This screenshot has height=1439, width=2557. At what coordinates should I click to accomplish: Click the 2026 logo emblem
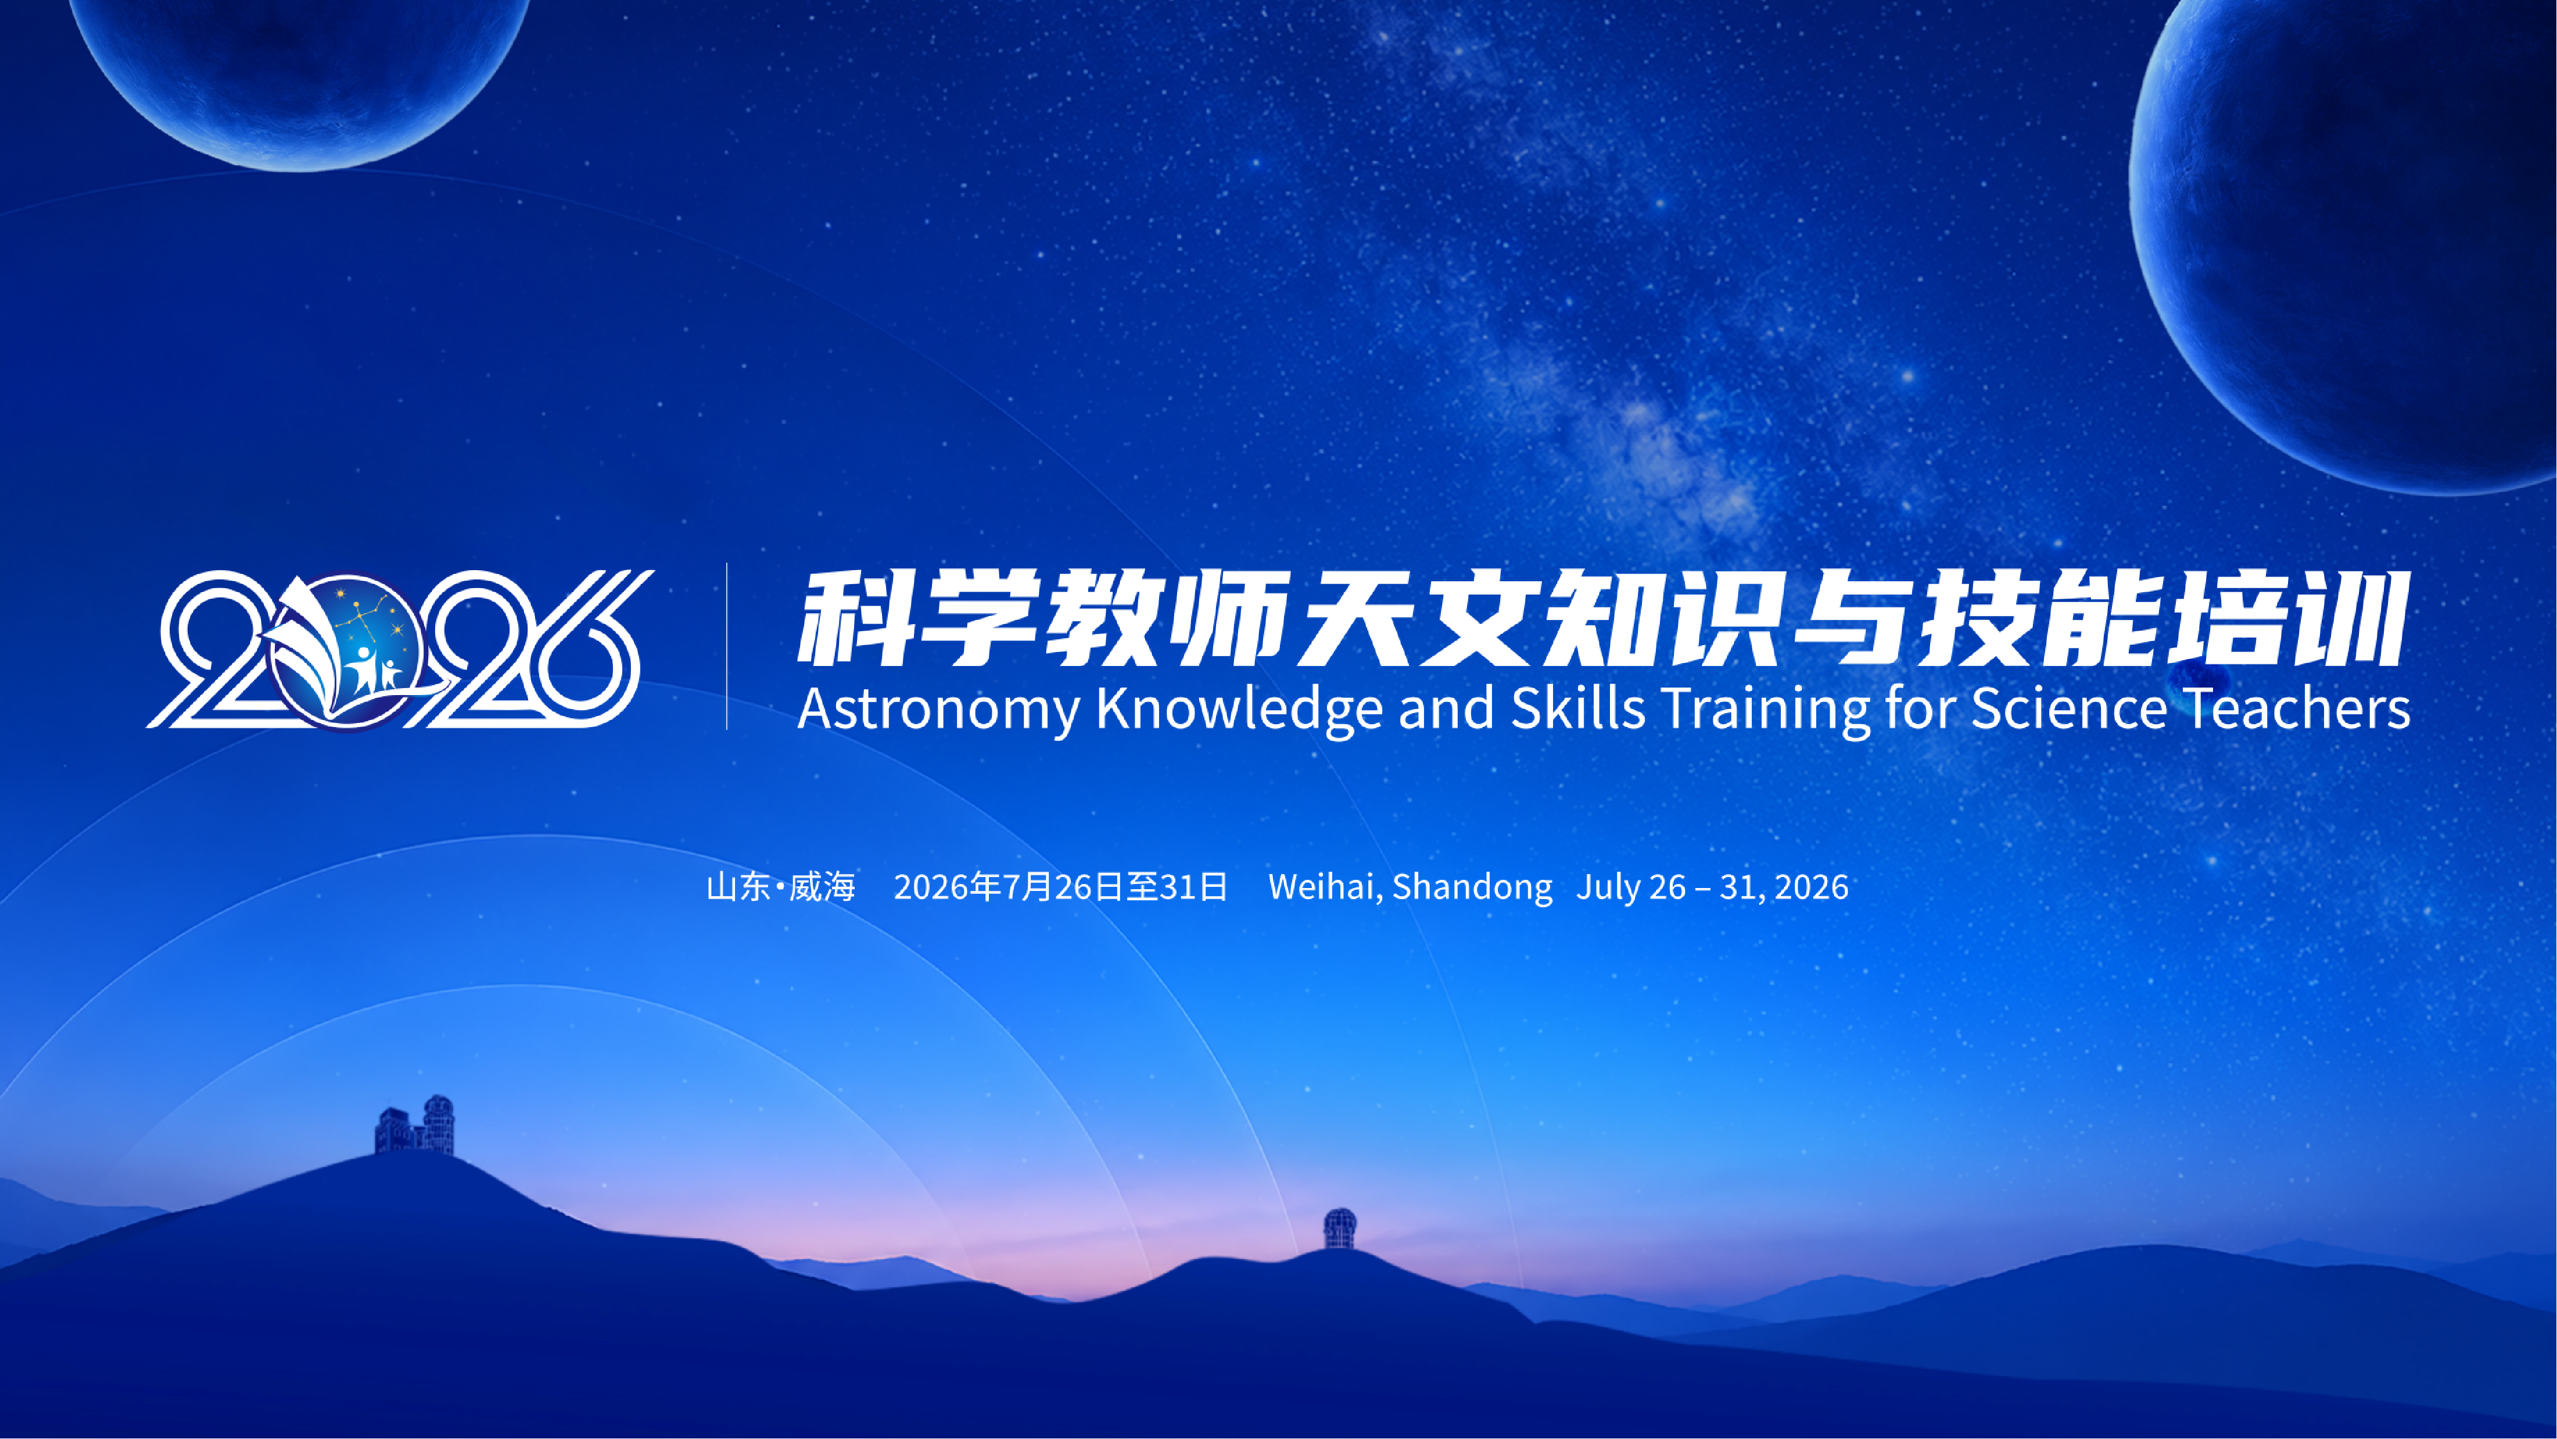point(400,650)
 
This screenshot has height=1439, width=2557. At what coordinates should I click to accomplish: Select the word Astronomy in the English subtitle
point(937,709)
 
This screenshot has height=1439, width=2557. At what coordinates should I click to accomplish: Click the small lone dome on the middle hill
point(1340,1229)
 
